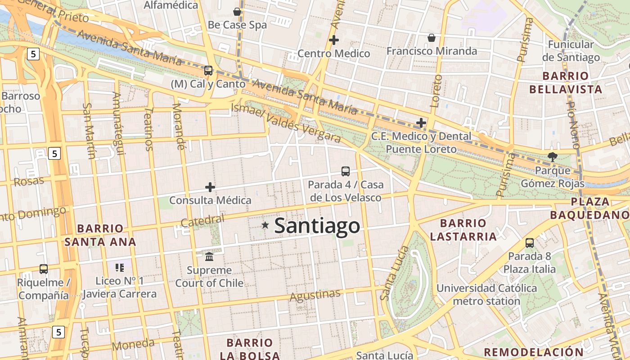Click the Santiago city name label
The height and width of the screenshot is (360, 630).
pos(317,225)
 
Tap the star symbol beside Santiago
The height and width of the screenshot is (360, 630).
pos(265,225)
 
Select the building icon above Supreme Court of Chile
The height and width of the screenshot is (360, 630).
pos(209,257)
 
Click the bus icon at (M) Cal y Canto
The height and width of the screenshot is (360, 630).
pos(208,71)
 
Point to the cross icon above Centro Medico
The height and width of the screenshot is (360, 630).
pos(333,40)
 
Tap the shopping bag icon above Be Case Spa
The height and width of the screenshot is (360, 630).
pos(237,12)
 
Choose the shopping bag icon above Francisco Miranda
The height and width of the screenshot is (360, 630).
pos(431,38)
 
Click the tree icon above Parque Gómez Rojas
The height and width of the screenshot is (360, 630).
pos(552,157)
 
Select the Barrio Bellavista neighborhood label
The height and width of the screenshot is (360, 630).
pos(566,82)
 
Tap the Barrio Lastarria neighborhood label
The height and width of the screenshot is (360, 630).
pos(463,229)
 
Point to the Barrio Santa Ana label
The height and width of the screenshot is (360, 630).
pos(100,235)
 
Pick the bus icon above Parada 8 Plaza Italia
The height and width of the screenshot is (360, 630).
pos(530,243)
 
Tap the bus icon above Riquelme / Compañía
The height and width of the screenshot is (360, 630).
pos(44,269)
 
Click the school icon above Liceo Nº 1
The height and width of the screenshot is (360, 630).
pos(119,268)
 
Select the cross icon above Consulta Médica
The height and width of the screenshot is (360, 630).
pos(210,187)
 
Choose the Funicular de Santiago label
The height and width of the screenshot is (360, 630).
pos(571,51)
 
